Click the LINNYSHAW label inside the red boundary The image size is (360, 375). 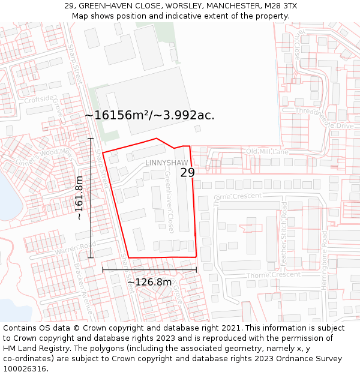point(166,163)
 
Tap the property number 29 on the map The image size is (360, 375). point(187,172)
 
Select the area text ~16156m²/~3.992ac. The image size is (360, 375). point(149,115)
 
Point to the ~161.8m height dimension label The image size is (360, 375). point(79,198)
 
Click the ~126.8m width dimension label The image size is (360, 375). point(149,281)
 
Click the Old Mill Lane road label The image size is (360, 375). point(267,152)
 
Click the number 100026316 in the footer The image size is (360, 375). point(25,368)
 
